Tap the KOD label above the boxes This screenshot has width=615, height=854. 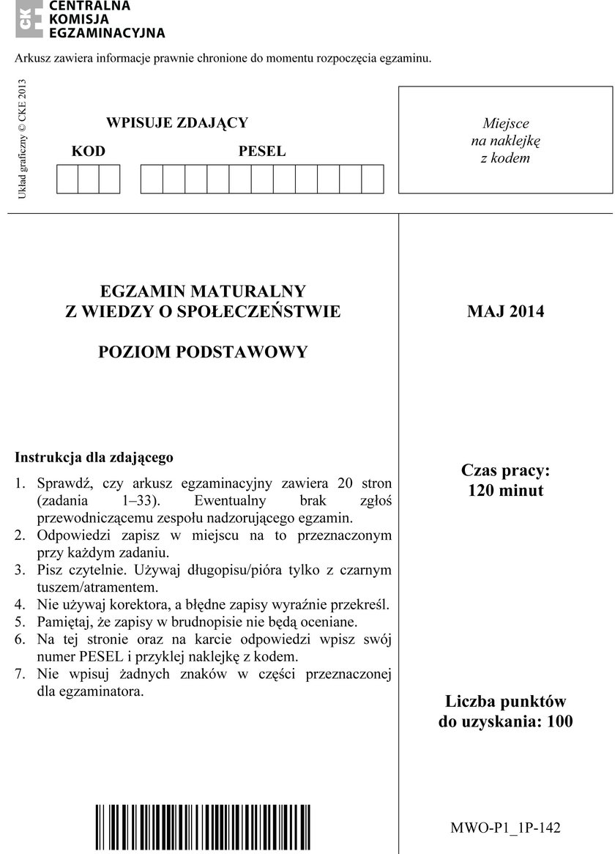point(89,152)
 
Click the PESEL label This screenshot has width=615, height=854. point(262,152)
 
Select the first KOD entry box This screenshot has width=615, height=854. point(67,179)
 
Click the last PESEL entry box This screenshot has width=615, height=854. point(373,179)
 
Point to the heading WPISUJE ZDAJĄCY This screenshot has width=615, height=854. point(177,122)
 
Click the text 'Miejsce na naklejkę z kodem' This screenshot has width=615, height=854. point(505,141)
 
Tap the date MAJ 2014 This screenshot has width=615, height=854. point(506,311)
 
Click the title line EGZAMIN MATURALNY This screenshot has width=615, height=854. point(203,291)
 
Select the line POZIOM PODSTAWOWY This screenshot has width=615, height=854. point(203,352)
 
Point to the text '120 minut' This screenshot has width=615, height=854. point(506,491)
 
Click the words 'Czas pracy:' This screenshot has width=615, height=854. point(506,470)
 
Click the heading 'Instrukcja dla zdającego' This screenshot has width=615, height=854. point(94,458)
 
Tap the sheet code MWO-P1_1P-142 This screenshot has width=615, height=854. point(505,828)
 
